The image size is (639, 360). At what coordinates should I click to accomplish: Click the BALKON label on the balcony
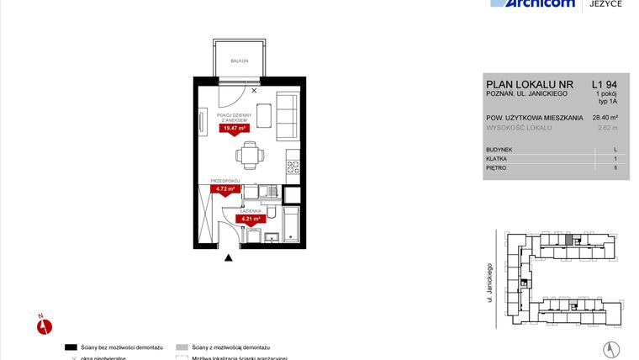point(240,61)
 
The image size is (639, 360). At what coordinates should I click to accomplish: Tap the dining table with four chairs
point(249,153)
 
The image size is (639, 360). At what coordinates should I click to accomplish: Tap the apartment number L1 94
point(605,85)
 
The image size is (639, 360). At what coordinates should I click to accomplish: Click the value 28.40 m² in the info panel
point(605,118)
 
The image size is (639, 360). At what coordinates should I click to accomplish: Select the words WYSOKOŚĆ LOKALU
point(519,128)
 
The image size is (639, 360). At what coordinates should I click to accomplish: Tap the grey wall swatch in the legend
point(181,347)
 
